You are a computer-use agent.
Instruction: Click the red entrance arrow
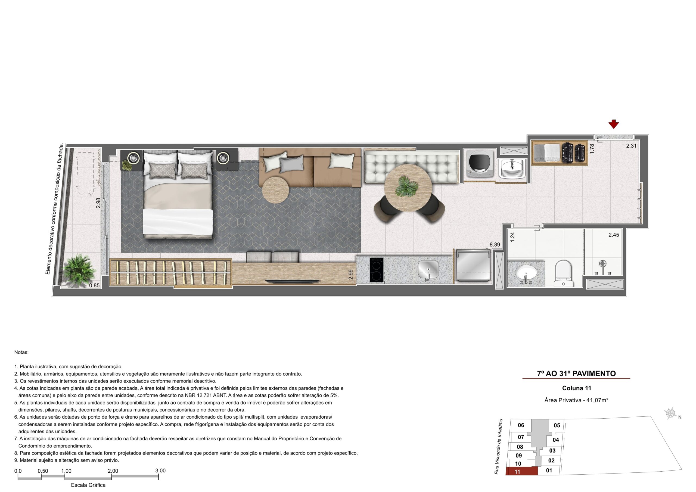pyautogui.click(x=614, y=124)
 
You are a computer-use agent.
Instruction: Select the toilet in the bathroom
pyautogui.click(x=563, y=273)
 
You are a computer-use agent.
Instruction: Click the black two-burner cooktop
pyautogui.click(x=377, y=270)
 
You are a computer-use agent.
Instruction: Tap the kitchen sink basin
pyautogui.click(x=428, y=269)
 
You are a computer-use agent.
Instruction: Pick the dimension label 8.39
pyautogui.click(x=495, y=244)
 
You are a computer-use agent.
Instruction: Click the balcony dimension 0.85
pyautogui.click(x=94, y=285)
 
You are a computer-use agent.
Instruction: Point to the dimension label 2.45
pyautogui.click(x=614, y=235)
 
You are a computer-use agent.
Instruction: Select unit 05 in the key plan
pyautogui.click(x=557, y=425)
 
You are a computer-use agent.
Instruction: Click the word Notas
pyautogui.click(x=21, y=353)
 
